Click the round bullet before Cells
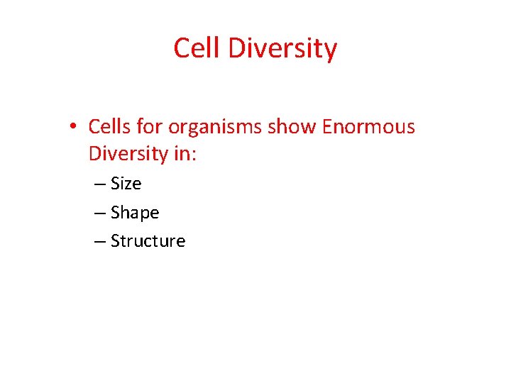pos(74,128)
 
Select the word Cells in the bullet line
pos(109,127)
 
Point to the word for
pos(149,127)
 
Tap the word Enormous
pos(368,127)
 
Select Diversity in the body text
pos(128,154)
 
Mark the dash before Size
pos(99,184)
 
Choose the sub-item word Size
pos(126,184)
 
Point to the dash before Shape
pos(99,213)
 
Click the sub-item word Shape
pos(135,213)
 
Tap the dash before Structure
pos(99,241)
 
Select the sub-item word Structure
pos(148,241)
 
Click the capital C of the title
pos(182,48)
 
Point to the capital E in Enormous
pos(327,127)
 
